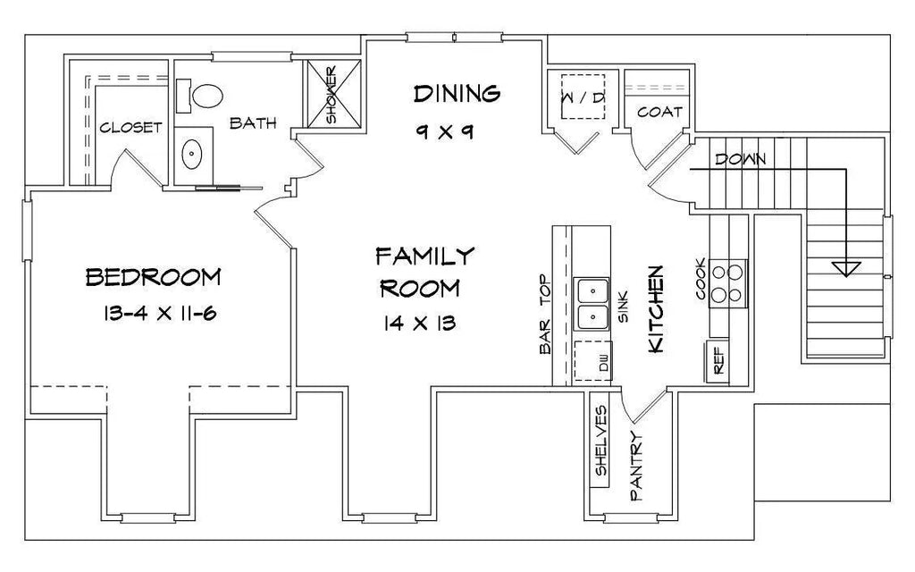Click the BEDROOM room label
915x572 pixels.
(x=154, y=277)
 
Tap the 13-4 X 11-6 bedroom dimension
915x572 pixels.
(x=160, y=314)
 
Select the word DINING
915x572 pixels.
(x=457, y=93)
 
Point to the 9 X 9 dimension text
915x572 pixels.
(x=445, y=132)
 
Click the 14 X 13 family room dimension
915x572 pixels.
(x=420, y=323)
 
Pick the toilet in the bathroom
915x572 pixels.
(x=200, y=96)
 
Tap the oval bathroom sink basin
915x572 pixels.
(x=191, y=154)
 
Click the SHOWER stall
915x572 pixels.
(x=334, y=93)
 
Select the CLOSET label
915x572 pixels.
(x=130, y=127)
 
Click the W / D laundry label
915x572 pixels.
(x=583, y=97)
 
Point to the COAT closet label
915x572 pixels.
(x=659, y=112)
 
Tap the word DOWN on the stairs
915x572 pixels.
(x=741, y=159)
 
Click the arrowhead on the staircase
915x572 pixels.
(x=846, y=269)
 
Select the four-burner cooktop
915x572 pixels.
(x=727, y=283)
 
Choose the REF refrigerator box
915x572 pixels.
(x=718, y=361)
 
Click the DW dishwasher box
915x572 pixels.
(x=593, y=361)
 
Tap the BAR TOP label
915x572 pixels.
(x=546, y=315)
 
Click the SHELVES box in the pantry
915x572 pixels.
(x=600, y=440)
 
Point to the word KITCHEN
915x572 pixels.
(x=656, y=309)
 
